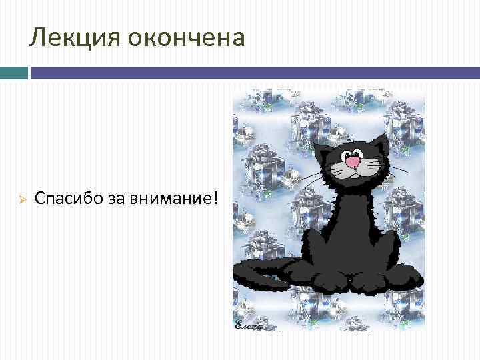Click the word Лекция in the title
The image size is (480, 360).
pyautogui.click(x=69, y=38)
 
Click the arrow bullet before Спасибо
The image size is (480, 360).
pyautogui.click(x=21, y=199)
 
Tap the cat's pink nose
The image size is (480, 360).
pyautogui.click(x=353, y=161)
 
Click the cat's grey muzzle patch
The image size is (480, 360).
pyautogui.click(x=353, y=167)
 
